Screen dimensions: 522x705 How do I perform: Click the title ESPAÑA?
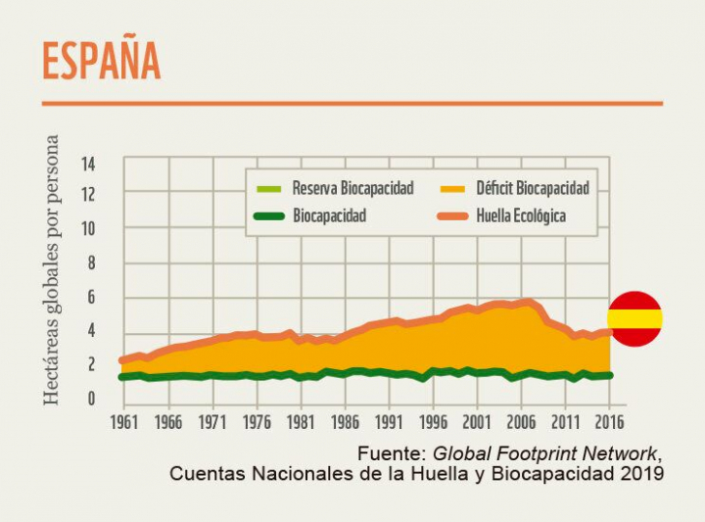(101, 62)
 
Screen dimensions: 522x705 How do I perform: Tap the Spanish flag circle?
(634, 318)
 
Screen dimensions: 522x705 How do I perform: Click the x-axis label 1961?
(124, 423)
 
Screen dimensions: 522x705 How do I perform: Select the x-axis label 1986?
(345, 423)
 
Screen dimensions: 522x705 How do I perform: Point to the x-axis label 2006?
(521, 423)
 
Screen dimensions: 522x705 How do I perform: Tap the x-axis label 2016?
(609, 423)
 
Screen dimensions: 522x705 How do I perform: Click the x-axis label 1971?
(212, 423)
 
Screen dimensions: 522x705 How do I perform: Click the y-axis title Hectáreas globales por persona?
(51, 270)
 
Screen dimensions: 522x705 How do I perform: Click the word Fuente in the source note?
(392, 453)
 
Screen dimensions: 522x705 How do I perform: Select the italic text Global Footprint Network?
(546, 453)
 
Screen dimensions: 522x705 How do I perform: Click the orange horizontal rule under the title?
(352, 103)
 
